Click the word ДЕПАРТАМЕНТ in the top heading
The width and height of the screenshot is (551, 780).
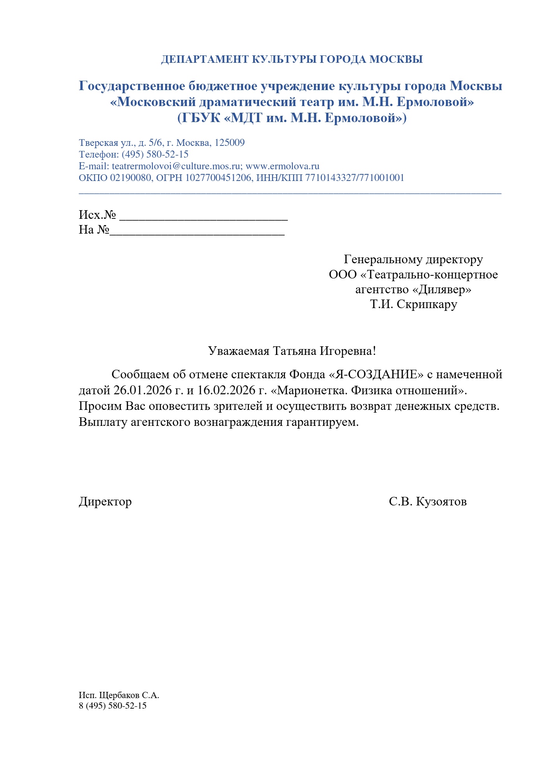205,59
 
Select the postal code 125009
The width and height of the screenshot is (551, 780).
230,143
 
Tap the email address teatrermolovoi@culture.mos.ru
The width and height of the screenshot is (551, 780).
176,166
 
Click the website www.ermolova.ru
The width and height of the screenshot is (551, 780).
282,166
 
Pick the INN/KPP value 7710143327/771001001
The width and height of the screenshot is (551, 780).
354,178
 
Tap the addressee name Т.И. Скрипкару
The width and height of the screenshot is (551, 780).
413,304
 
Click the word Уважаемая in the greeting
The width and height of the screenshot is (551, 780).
239,351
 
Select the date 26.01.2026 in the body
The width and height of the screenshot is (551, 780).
143,390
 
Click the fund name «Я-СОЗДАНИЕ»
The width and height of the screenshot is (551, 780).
376,374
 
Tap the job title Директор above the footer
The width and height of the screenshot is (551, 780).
105,502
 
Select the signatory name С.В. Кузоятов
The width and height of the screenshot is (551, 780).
427,502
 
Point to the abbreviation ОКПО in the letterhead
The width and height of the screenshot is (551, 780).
93,178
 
